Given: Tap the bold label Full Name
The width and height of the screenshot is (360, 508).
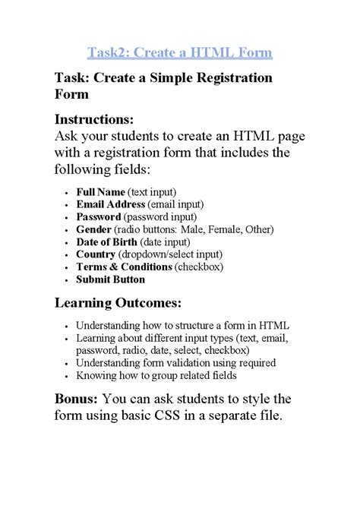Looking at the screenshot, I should point(100,192).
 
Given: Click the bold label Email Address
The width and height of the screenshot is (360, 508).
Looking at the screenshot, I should point(111,204).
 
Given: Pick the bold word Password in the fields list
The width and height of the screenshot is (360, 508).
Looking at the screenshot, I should point(99,217).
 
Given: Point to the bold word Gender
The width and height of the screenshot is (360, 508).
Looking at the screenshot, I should point(93,229).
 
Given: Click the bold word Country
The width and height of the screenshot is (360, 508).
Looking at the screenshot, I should point(96,254).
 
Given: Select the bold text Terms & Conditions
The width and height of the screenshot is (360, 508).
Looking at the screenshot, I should point(124,267).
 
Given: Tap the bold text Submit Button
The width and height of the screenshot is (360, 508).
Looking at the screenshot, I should point(110,279).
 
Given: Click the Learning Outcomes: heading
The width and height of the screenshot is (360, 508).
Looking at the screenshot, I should point(118,304).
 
